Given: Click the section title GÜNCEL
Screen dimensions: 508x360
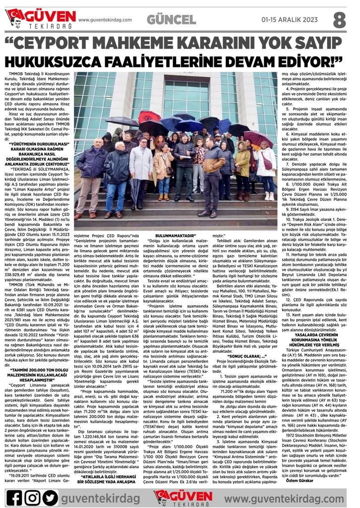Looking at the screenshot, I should (x=171, y=19).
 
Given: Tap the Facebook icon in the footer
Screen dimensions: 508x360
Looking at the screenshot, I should (x=14, y=496).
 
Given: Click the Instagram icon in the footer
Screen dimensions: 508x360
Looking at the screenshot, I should (x=32, y=496).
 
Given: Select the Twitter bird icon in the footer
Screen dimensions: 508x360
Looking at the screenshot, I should (x=50, y=496).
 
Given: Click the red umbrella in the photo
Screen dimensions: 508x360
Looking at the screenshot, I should (x=149, y=117).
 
